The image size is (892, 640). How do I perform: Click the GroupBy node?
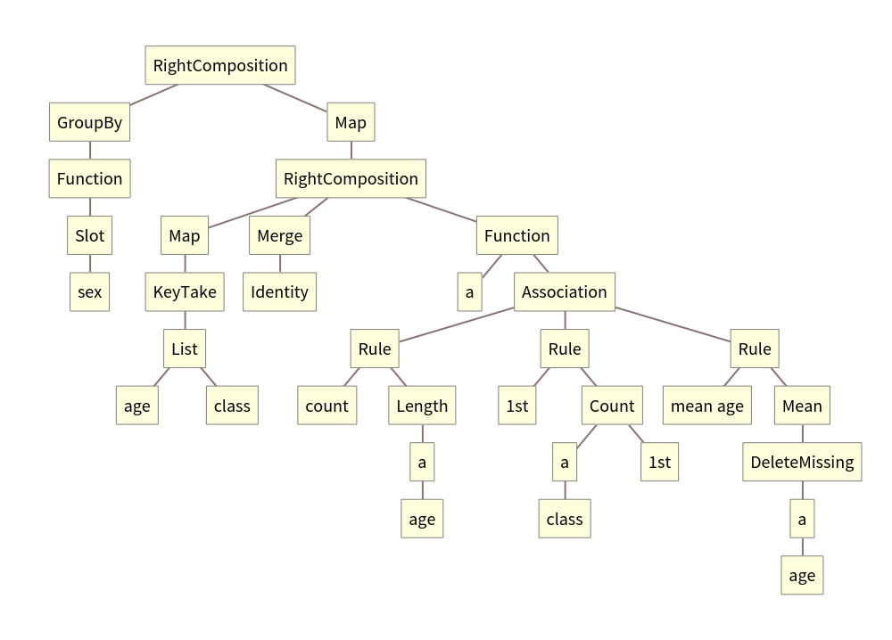click(89, 122)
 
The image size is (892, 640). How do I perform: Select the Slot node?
click(89, 235)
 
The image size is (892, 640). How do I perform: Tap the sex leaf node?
click(89, 291)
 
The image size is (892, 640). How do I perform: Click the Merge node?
click(280, 235)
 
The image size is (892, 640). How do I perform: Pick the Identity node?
click(280, 291)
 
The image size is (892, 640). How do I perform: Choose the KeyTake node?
click(185, 291)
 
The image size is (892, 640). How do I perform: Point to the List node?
click(185, 349)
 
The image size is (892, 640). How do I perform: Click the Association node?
click(564, 291)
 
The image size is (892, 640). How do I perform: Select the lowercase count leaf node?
click(326, 406)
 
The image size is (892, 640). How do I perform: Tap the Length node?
click(422, 406)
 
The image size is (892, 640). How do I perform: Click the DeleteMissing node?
click(802, 462)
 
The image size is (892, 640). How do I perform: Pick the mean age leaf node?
click(706, 406)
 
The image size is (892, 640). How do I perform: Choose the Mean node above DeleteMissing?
click(802, 406)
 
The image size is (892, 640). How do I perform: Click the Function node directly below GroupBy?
click(89, 178)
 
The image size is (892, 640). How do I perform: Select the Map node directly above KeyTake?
click(185, 235)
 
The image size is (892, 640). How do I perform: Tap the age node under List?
click(137, 406)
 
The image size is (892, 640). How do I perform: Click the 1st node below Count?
click(659, 462)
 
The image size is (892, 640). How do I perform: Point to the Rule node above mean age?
click(755, 349)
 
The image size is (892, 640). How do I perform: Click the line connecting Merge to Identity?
click(280, 264)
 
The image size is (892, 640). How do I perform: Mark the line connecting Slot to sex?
click(89, 264)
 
